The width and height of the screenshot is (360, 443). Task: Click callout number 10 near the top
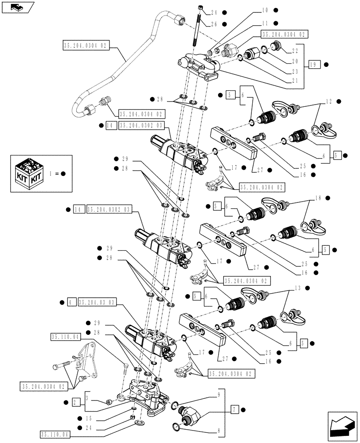click(265, 10)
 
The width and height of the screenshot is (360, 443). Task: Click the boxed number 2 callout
click(76, 402)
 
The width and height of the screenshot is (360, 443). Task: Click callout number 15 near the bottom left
click(90, 418)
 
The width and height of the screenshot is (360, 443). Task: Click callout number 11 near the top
click(265, 23)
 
